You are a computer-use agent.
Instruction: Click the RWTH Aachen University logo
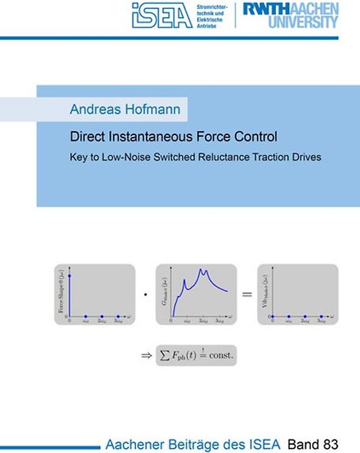[x=290, y=15]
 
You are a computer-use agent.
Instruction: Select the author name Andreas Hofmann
[x=125, y=109]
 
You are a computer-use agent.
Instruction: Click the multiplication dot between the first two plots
[x=145, y=295]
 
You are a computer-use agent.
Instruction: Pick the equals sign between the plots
[x=246, y=294]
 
